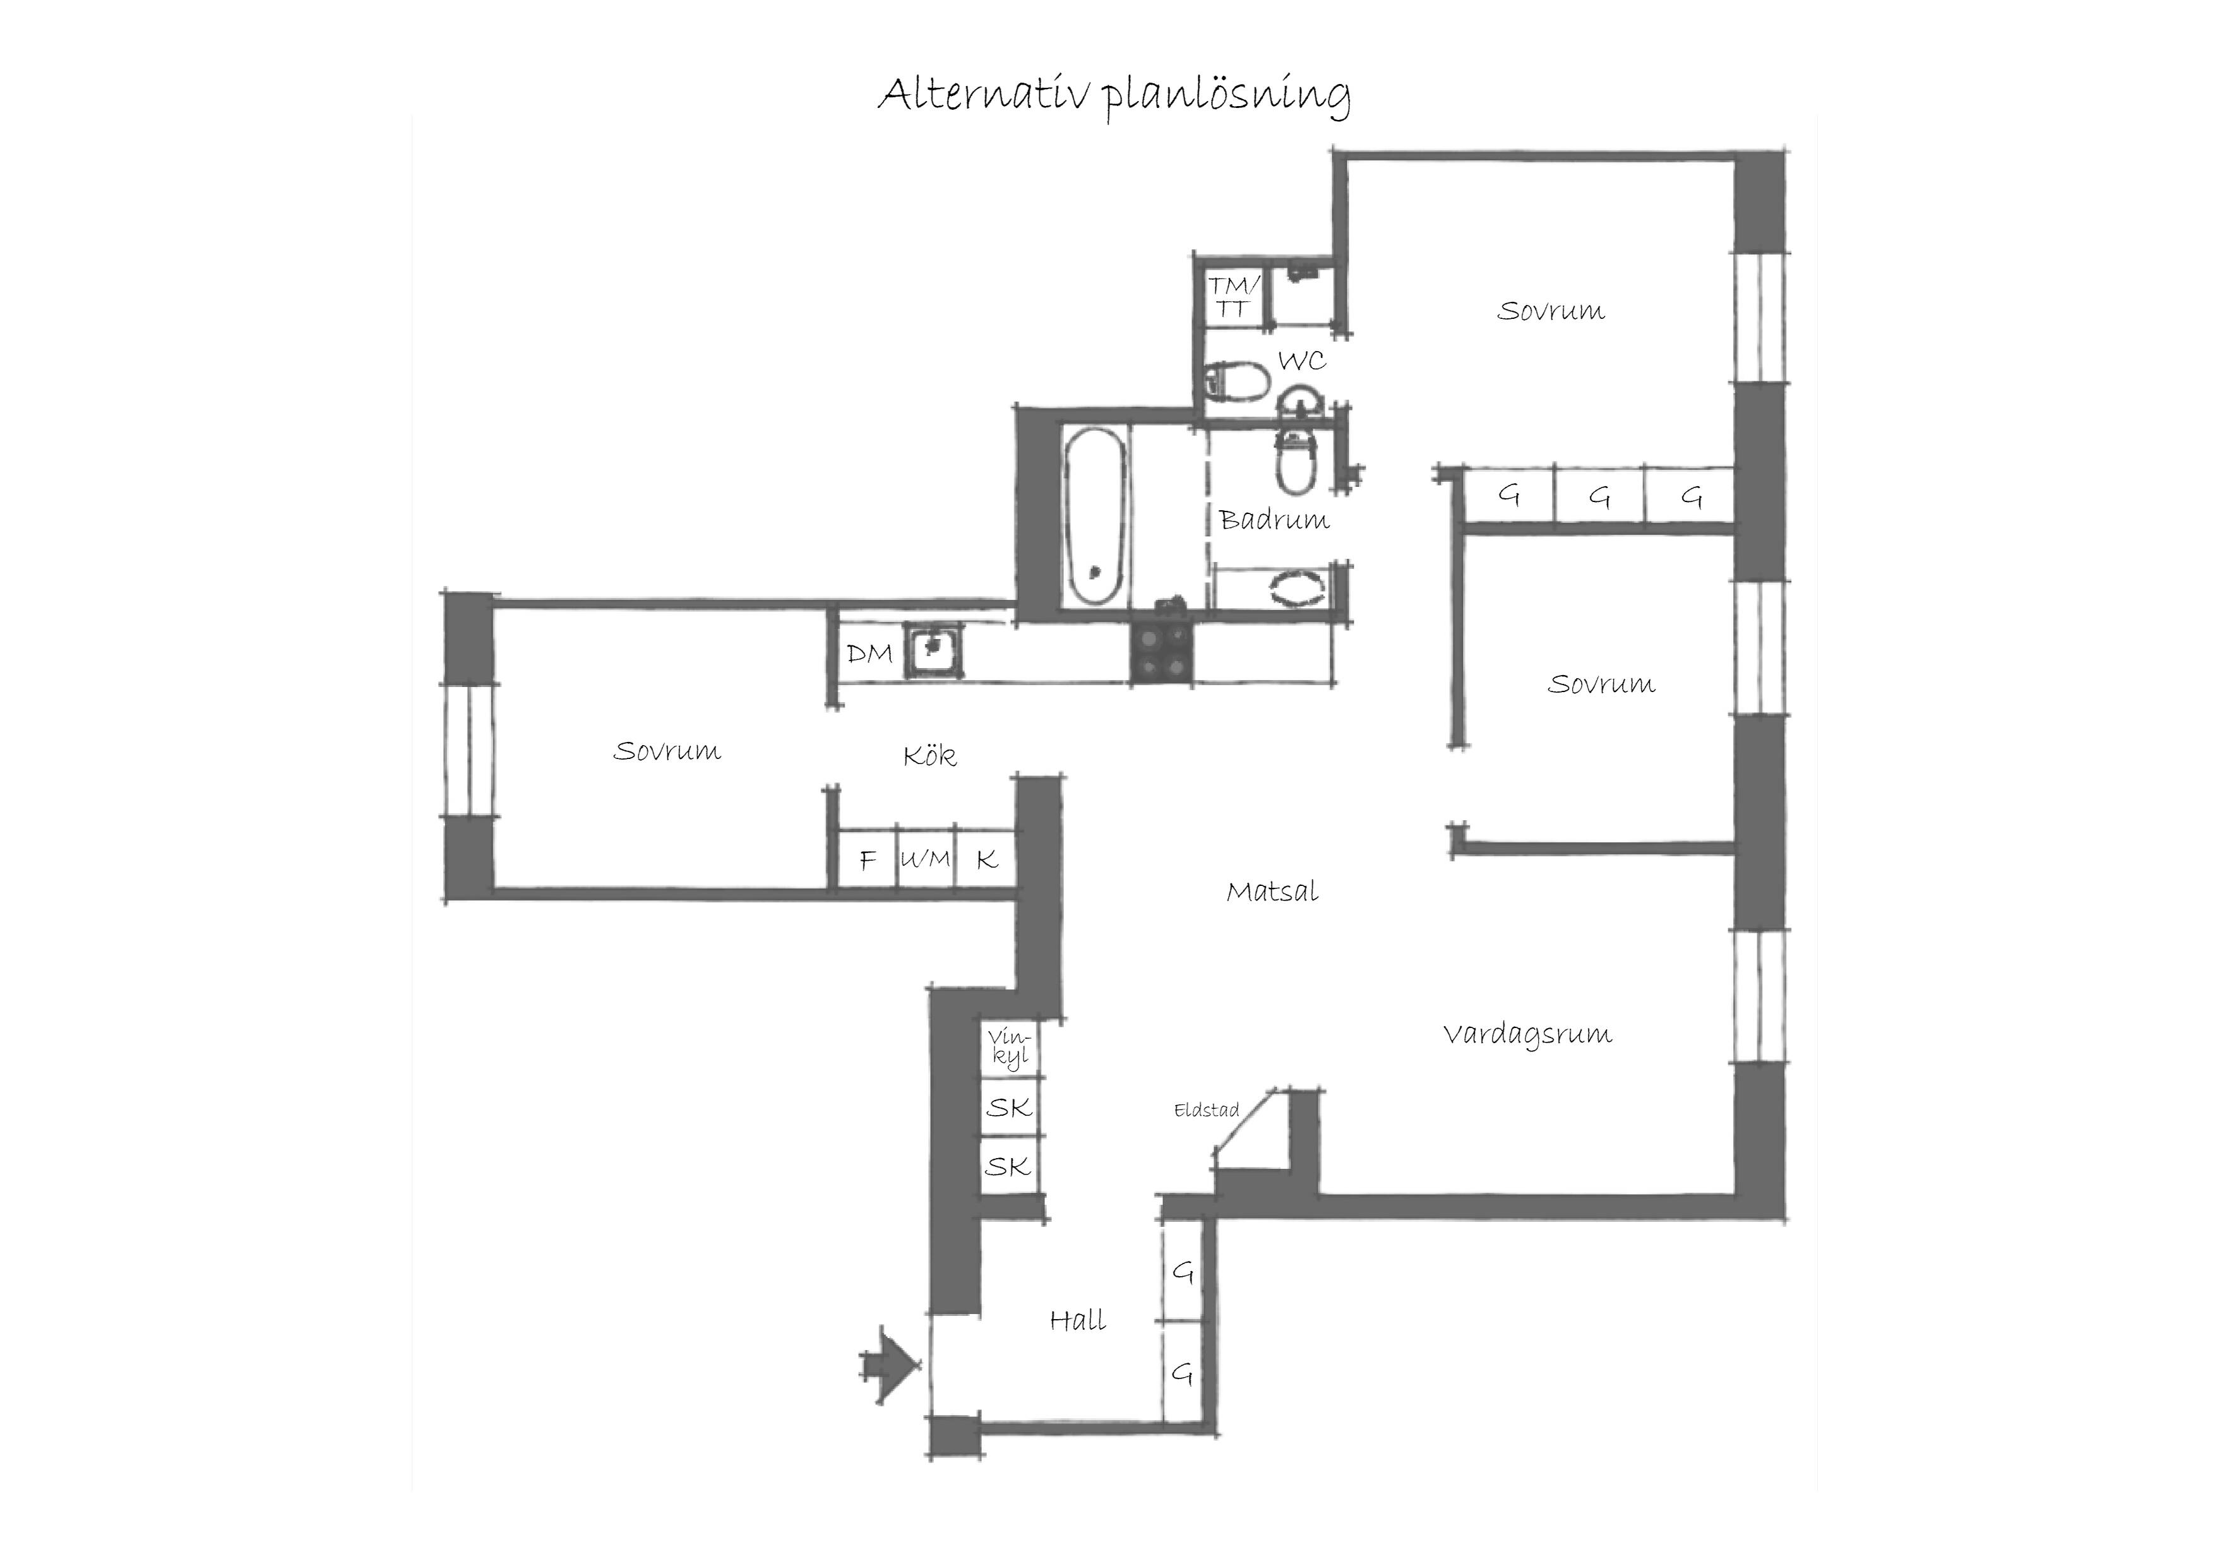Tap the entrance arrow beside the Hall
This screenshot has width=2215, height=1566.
click(890, 1365)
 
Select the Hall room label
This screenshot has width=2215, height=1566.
click(1078, 1320)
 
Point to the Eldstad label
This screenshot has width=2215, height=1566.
click(1206, 1111)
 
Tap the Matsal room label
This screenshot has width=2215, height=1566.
click(1272, 892)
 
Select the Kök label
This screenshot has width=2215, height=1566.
click(930, 755)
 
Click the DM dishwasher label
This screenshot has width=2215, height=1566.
click(869, 654)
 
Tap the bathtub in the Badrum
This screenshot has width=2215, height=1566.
click(1096, 517)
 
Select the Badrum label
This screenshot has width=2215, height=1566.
click(1274, 521)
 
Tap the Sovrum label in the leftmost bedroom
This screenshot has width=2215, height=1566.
click(667, 751)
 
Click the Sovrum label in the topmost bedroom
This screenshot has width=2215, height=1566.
click(1550, 311)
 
